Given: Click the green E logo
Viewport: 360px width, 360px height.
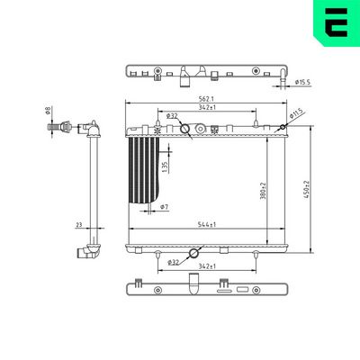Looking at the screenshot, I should point(333,22).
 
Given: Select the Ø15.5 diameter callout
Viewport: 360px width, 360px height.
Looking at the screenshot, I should point(303,83).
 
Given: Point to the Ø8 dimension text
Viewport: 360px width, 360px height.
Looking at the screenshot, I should point(49,112).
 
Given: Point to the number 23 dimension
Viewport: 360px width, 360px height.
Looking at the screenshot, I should point(79,226).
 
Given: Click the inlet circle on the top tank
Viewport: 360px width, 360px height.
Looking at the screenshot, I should point(186,129).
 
